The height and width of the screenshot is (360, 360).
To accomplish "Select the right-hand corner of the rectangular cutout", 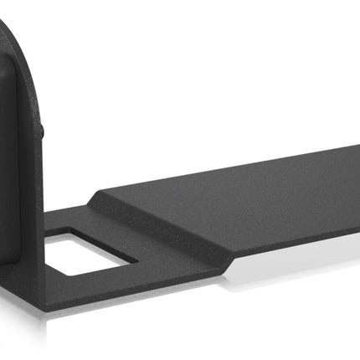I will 134,260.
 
